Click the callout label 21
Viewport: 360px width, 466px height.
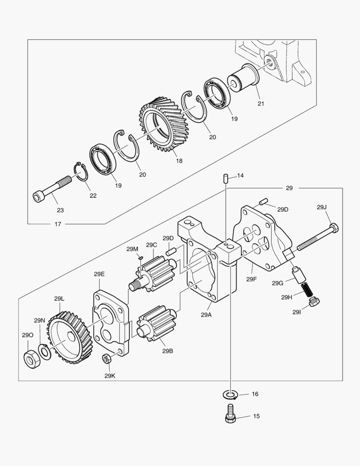pos(261,104)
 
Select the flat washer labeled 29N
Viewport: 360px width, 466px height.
pos(44,351)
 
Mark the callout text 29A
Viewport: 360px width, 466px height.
pos(206,315)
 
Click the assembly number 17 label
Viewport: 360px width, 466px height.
pos(58,224)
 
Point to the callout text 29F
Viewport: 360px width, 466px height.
pos(252,279)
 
